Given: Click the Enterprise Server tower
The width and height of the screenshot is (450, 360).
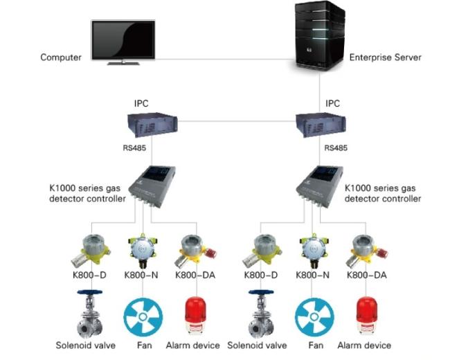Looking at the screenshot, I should point(319,36).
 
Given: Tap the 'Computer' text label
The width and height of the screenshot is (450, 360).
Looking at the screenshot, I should point(61,57).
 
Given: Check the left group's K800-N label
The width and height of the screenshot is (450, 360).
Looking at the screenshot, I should point(143,276).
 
